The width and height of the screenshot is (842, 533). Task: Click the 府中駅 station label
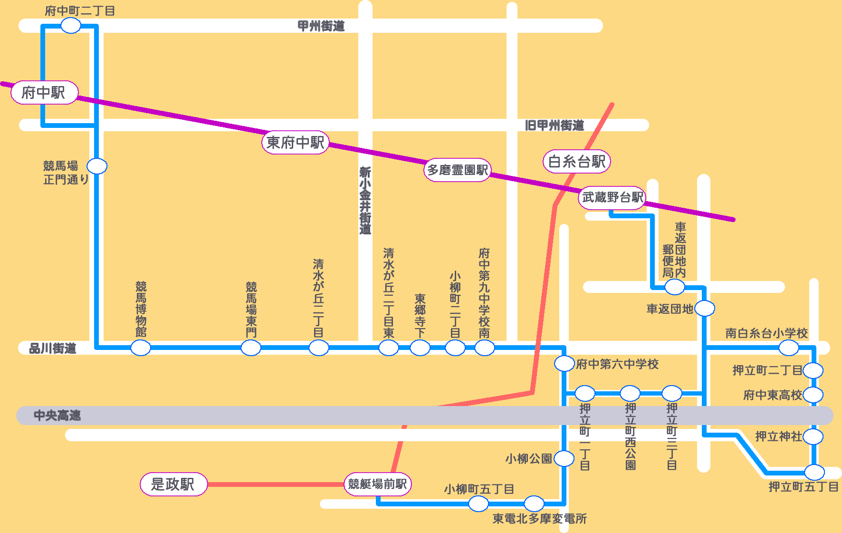tap(44, 92)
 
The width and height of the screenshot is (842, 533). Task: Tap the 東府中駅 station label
tap(295, 142)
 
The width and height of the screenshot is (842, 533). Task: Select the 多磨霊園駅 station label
tap(457, 170)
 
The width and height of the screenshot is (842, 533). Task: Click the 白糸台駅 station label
tap(576, 161)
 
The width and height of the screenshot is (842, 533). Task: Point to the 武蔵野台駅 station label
tap(612, 197)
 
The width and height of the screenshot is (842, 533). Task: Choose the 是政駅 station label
tap(173, 484)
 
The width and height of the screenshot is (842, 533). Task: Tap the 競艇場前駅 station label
tap(377, 484)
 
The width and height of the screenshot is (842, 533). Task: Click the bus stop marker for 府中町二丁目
tap(71, 26)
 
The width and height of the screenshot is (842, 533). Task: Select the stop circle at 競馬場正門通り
tap(97, 166)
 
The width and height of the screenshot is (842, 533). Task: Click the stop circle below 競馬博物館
tap(141, 348)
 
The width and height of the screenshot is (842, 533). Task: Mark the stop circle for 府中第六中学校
tap(564, 364)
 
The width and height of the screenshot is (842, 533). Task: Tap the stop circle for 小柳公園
tap(564, 458)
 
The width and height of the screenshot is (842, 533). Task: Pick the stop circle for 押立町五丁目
tap(814, 472)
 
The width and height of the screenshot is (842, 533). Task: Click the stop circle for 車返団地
tap(705, 309)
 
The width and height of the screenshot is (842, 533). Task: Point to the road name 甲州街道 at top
tap(321, 26)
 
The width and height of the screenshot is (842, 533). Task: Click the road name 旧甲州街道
tap(554, 126)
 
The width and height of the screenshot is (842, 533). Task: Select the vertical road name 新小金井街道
tap(365, 200)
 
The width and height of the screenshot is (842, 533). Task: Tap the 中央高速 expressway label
tap(57, 416)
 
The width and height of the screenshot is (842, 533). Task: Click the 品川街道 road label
tap(52, 349)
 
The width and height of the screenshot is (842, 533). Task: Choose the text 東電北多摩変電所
tap(539, 519)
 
